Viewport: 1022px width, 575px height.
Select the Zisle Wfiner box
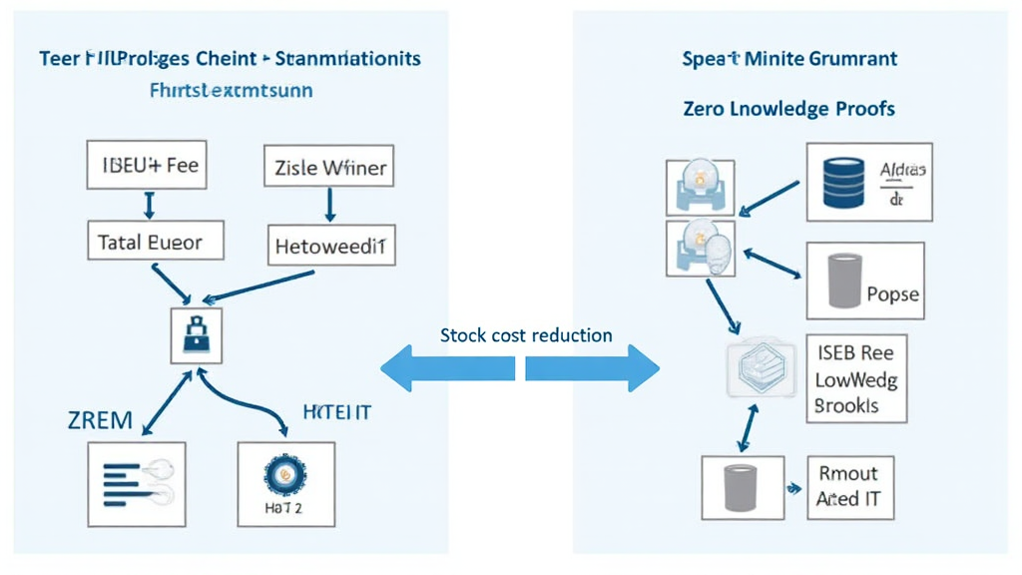click(x=328, y=168)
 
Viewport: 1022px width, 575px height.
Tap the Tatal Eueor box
click(x=150, y=242)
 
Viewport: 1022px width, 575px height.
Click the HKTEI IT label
click(x=336, y=412)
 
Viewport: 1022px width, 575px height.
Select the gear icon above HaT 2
click(x=286, y=475)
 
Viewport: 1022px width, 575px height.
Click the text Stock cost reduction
click(x=526, y=335)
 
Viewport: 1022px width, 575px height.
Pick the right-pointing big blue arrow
click(x=593, y=368)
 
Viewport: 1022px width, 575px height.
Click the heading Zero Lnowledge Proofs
click(x=788, y=109)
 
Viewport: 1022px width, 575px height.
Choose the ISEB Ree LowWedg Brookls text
click(x=854, y=379)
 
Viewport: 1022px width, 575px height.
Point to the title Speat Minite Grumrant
click(x=788, y=59)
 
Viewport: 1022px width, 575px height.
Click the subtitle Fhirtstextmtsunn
click(x=231, y=91)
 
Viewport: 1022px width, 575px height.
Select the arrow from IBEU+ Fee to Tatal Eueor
click(x=149, y=205)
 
